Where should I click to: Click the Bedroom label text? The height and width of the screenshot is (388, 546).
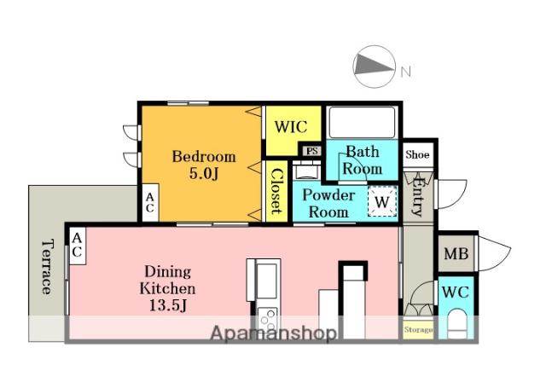(x=204, y=157)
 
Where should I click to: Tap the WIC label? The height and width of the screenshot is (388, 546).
(x=291, y=127)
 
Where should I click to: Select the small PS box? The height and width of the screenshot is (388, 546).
(x=311, y=151)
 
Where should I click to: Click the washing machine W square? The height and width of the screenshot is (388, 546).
(x=382, y=201)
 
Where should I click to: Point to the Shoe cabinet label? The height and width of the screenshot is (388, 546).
(x=417, y=154)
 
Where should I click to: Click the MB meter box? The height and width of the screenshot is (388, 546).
(x=456, y=253)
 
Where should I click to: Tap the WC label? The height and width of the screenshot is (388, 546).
(x=456, y=292)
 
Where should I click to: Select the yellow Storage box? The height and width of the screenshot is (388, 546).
(x=418, y=329)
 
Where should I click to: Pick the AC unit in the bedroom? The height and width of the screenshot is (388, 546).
(x=150, y=202)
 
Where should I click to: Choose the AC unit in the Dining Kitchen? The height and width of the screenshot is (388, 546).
(x=77, y=246)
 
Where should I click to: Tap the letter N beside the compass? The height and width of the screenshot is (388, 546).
(x=406, y=72)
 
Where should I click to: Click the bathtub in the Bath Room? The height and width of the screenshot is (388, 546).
(x=362, y=123)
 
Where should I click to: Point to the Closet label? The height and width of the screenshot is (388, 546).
(x=276, y=191)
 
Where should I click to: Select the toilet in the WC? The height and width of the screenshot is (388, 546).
(x=457, y=324)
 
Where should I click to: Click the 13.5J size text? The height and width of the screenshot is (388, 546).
(x=168, y=305)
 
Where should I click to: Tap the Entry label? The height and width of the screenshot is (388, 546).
(x=417, y=196)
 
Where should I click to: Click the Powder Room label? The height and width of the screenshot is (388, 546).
(x=328, y=204)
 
